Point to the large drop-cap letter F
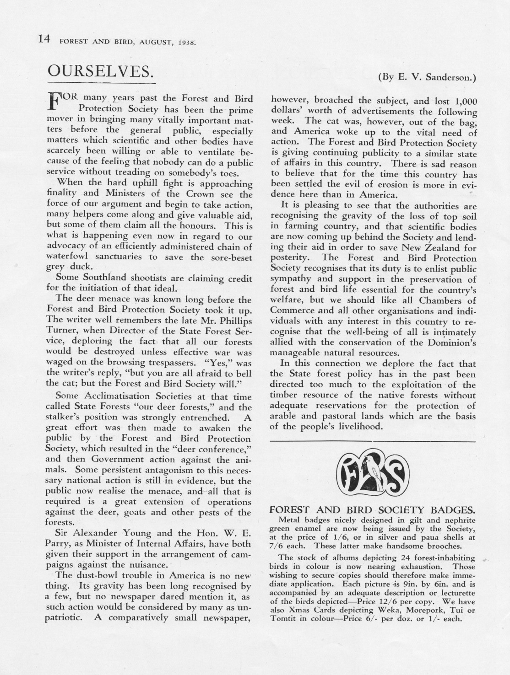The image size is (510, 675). [54, 101]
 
